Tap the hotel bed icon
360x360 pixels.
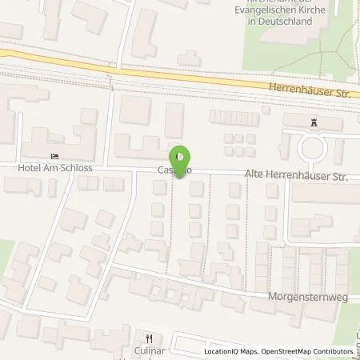click(55, 156)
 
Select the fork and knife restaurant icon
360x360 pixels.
click(148, 338)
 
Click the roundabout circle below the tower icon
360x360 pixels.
click(313, 147)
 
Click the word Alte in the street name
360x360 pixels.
click(254, 174)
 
